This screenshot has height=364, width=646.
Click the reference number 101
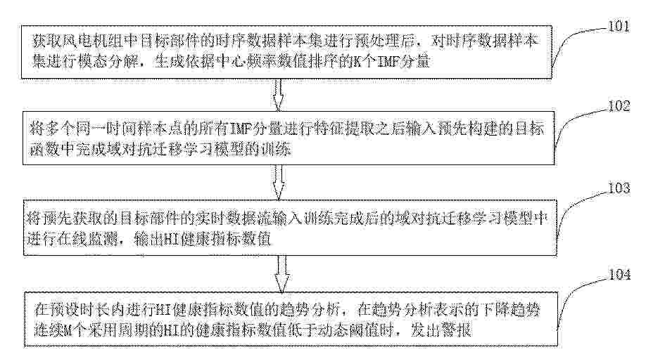(619, 27)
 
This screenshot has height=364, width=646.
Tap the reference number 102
(619, 106)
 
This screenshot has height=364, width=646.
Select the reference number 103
(619, 188)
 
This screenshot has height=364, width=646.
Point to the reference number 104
(620, 274)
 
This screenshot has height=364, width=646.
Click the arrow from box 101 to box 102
(279, 95)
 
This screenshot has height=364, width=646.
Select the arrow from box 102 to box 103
(279, 182)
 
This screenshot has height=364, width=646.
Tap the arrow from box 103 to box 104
(281, 273)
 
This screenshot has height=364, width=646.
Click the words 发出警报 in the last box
(441, 330)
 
